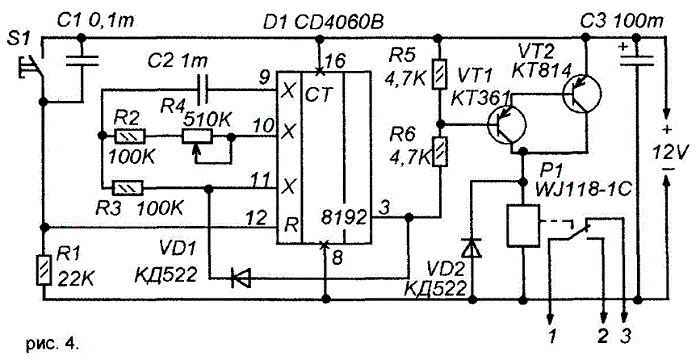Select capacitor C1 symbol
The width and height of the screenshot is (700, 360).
pos(82,61)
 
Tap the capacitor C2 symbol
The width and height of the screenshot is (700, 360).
pos(203,89)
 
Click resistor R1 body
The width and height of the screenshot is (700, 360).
pos(44,269)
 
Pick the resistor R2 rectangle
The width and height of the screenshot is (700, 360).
pos(130,136)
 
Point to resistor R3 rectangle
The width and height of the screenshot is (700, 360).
pos(127,188)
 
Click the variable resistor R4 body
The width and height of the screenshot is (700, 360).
pos(197,137)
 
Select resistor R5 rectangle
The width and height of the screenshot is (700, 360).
pos(440,73)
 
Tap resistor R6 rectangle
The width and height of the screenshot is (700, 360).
pos(440,151)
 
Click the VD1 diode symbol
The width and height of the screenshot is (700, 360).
pos(241,279)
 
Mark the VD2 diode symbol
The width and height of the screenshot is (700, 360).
pos(472,249)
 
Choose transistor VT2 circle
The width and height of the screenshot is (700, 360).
pos(581,93)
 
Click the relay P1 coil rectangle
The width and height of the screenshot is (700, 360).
pos(522,225)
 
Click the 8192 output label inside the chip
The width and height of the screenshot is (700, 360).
pos(344,218)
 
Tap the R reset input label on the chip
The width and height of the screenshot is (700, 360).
pos(291,225)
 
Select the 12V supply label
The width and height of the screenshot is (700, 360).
pos(667,153)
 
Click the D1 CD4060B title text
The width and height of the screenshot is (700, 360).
pos(323,21)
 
